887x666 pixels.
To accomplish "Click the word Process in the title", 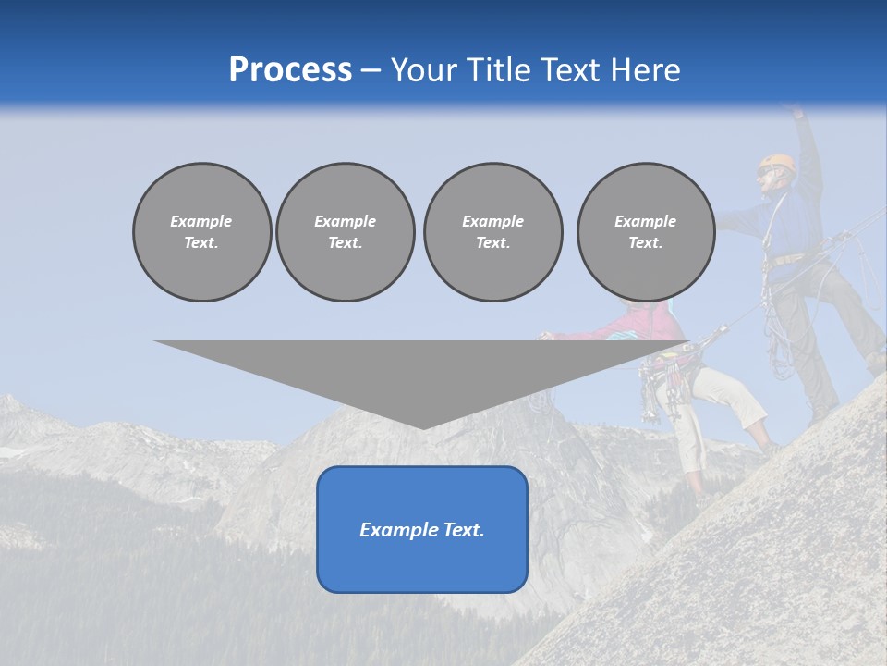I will click(x=290, y=70).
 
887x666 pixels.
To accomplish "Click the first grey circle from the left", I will click(x=201, y=232).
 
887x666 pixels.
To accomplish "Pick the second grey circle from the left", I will click(x=345, y=232).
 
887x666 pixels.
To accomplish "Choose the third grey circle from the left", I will click(x=492, y=232).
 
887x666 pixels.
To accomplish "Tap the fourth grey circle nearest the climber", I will click(x=645, y=232).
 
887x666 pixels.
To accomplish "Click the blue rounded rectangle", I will click(x=422, y=529).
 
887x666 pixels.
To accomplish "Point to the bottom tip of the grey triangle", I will click(x=423, y=427).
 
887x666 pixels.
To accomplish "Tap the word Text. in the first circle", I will click(x=201, y=243).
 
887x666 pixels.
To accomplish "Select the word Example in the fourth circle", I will click(x=645, y=221).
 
